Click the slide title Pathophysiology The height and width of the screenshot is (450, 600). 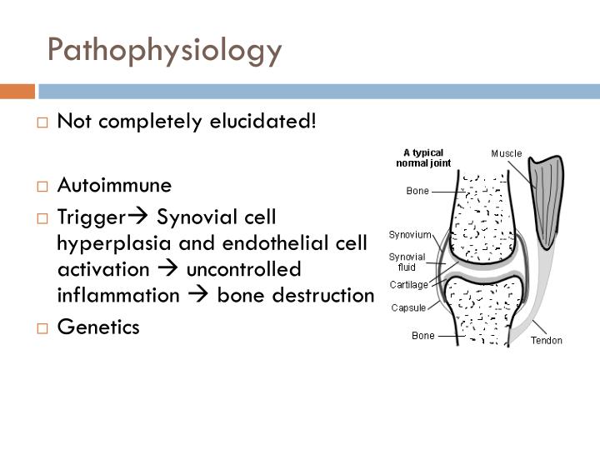pos(165,50)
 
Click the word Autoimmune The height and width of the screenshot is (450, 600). pos(114,185)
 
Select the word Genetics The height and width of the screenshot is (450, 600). pos(98,327)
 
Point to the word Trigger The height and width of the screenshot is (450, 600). pos(90,217)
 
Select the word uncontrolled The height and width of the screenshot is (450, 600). pos(242,270)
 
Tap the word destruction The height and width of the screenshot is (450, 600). pos(325,297)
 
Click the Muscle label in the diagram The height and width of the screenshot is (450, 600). pos(506,153)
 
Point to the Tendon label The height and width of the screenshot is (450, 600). pos(547,340)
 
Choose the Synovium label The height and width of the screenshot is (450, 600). pos(410,235)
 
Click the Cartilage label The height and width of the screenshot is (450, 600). pos(409,284)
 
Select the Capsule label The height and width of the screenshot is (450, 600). pos(409,307)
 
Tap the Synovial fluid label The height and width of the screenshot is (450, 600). pos(407,262)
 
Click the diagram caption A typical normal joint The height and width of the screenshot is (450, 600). pos(423,157)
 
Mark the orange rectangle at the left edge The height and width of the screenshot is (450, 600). pos(17,91)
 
